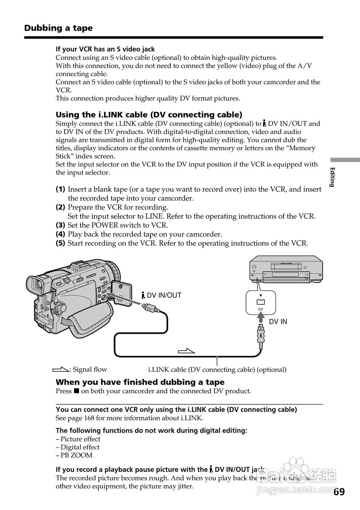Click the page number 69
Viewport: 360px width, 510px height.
339,492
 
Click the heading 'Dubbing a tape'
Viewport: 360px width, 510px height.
58,28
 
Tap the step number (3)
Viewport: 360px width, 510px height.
60,225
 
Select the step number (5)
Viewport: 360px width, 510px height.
60,243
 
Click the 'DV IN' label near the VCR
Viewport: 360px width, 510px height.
278,322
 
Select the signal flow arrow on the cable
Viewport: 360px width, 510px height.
186,351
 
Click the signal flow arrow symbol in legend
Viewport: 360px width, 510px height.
61,369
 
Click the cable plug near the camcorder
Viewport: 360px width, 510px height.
151,308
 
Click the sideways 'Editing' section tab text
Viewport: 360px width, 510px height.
332,177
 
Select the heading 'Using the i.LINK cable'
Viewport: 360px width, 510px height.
149,115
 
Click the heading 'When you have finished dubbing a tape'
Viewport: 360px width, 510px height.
140,382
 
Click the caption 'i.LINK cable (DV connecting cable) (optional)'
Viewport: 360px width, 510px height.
217,369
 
